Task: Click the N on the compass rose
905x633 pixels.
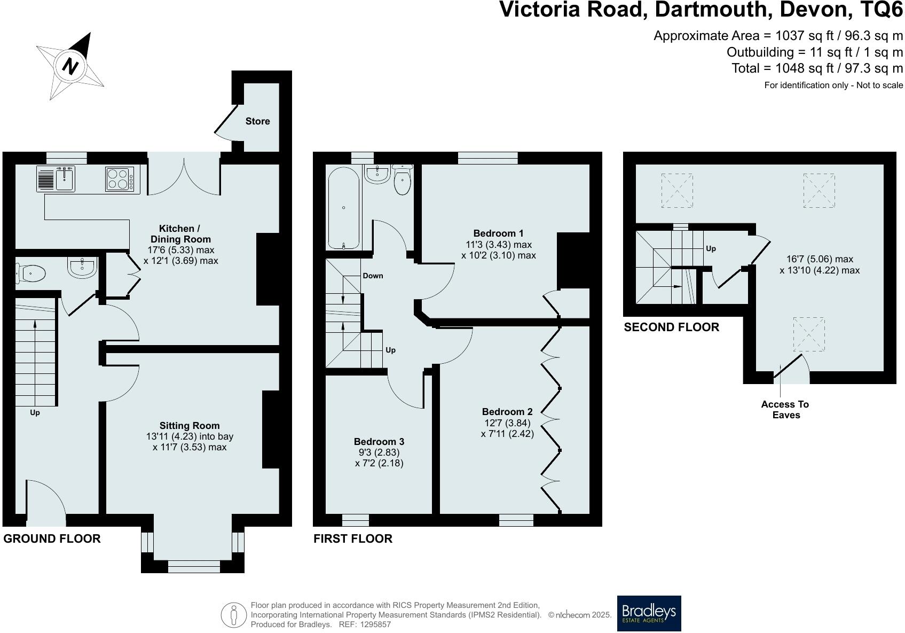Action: (x=70, y=66)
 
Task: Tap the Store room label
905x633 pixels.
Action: (x=257, y=121)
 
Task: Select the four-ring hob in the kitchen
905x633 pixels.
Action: (x=119, y=179)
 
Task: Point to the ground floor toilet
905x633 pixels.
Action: (x=31, y=274)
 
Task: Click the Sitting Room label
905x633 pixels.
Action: (x=190, y=426)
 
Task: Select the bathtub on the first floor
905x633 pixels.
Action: (x=343, y=208)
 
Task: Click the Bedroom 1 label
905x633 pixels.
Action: (x=498, y=233)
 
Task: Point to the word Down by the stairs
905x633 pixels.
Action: (x=373, y=276)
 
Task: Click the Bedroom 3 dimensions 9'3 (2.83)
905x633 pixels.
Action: (x=379, y=452)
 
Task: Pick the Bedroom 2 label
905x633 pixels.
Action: (x=507, y=411)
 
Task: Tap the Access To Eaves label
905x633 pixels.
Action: (x=785, y=410)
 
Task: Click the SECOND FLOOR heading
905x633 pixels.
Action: (x=671, y=327)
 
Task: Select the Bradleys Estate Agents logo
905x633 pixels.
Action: (x=649, y=613)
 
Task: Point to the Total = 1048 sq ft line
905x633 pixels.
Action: (x=817, y=68)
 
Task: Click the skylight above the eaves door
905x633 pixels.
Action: (x=808, y=334)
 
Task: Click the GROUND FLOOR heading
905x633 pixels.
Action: (x=52, y=538)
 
